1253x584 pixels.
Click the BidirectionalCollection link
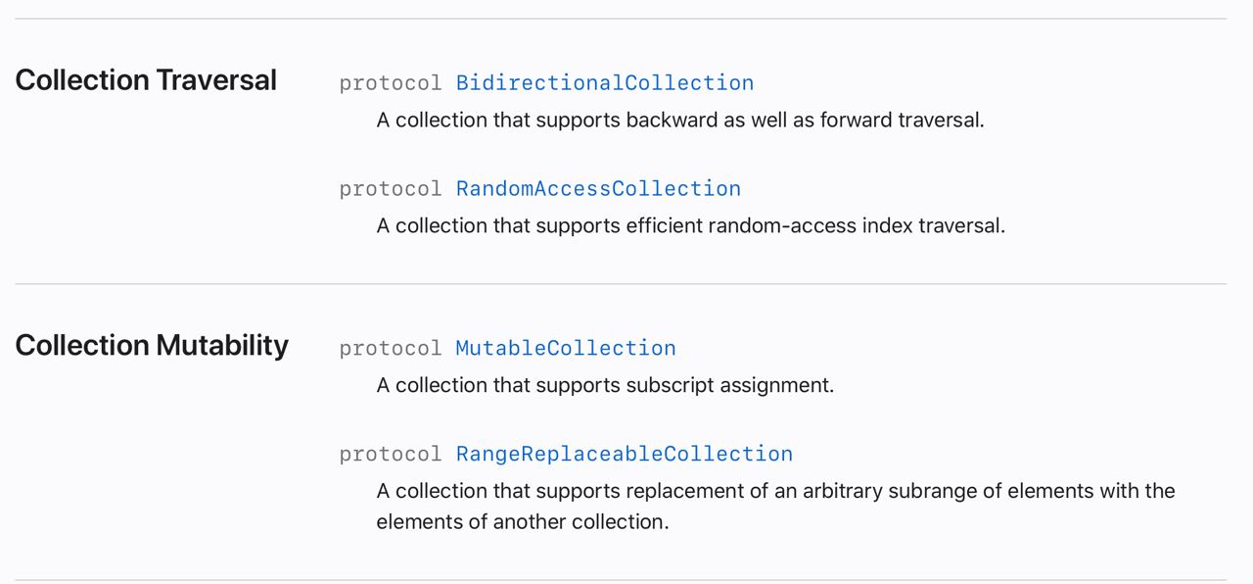605,83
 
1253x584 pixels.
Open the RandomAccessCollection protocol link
598,189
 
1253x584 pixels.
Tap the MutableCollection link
566,348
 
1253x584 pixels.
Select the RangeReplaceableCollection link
625,454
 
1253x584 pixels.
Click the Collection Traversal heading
146,80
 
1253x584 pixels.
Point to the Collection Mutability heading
152,346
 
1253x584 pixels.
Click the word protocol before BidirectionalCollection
391,84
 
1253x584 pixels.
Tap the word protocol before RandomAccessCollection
391,190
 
